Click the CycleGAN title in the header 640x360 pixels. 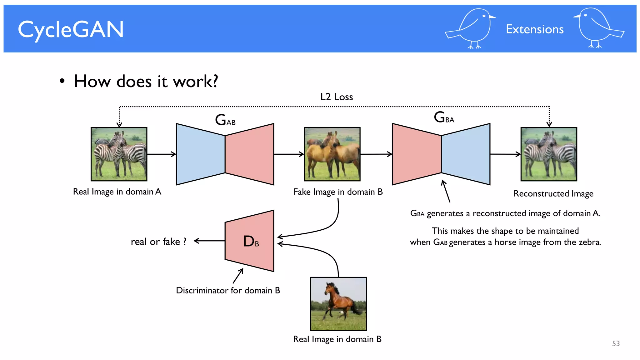(x=71, y=30)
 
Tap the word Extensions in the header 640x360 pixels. (x=534, y=29)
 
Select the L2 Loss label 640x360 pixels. (x=337, y=97)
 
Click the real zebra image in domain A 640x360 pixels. (x=119, y=154)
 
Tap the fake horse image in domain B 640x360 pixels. (x=332, y=154)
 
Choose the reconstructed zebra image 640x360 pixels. (x=549, y=154)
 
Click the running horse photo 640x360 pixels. (x=338, y=304)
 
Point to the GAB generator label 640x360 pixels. (x=225, y=120)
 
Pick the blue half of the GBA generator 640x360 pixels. (x=466, y=154)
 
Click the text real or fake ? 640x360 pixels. (x=158, y=242)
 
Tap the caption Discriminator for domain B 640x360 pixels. (x=228, y=290)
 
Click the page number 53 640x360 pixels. (x=616, y=343)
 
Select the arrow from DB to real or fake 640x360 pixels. (x=209, y=241)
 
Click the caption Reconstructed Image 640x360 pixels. (x=553, y=193)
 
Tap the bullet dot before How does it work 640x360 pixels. (x=62, y=81)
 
